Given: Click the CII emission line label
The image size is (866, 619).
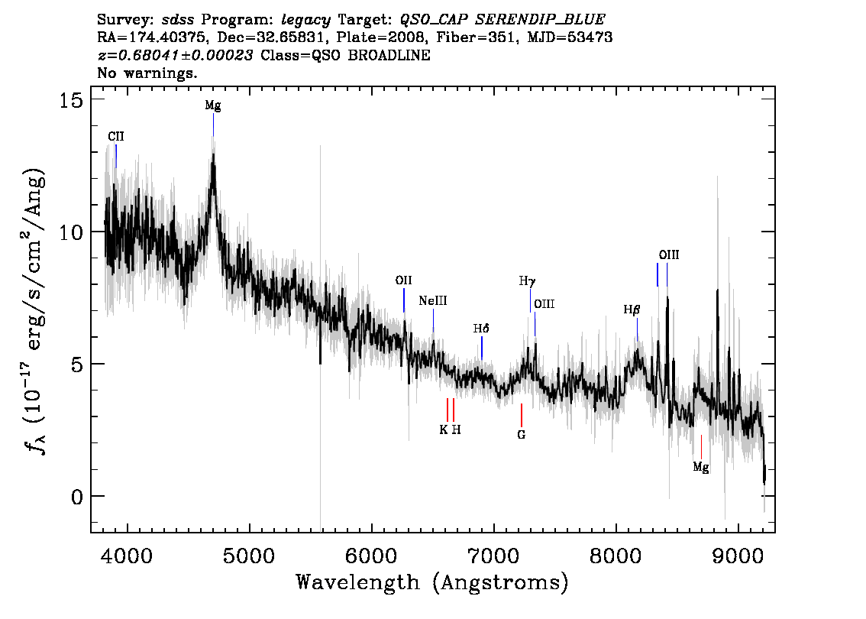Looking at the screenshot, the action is click(x=116, y=137).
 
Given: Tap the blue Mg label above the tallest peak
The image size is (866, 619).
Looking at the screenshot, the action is click(x=213, y=105).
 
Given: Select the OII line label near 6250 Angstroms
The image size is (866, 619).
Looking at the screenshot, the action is click(x=404, y=280).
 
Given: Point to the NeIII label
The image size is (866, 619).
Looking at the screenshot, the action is click(x=433, y=300).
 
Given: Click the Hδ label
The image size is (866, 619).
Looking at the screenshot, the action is click(x=481, y=329).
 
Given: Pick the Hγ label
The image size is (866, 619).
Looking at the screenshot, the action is click(x=528, y=281).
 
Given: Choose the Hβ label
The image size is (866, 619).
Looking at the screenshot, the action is click(x=632, y=309).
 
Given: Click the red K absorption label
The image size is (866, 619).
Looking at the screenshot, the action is click(x=444, y=429).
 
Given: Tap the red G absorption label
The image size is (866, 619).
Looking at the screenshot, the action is click(x=522, y=435).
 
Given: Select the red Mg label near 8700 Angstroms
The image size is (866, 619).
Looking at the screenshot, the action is click(x=701, y=468).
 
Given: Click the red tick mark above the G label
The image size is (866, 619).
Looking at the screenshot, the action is click(x=522, y=415).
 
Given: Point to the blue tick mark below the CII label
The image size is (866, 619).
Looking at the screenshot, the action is click(x=116, y=157).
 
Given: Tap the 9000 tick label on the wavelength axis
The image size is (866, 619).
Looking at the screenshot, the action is click(x=738, y=555).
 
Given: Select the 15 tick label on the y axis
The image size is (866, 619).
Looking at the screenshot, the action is click(x=71, y=101).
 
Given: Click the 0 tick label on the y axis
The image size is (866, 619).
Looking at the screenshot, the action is click(x=77, y=497).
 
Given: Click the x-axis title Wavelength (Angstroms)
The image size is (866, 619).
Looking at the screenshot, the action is click(x=432, y=582).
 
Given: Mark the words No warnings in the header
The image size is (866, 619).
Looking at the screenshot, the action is click(x=147, y=73).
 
